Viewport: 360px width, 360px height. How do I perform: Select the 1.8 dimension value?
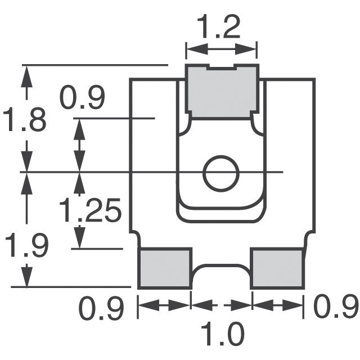24,120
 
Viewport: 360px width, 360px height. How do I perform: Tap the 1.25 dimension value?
90,211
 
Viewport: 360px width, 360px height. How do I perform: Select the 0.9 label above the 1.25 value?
82,100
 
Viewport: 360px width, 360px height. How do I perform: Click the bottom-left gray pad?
165,268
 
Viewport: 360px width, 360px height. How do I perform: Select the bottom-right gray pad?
277,268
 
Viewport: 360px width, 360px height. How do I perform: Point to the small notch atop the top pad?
222,68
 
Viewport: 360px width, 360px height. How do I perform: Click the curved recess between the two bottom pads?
221,268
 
